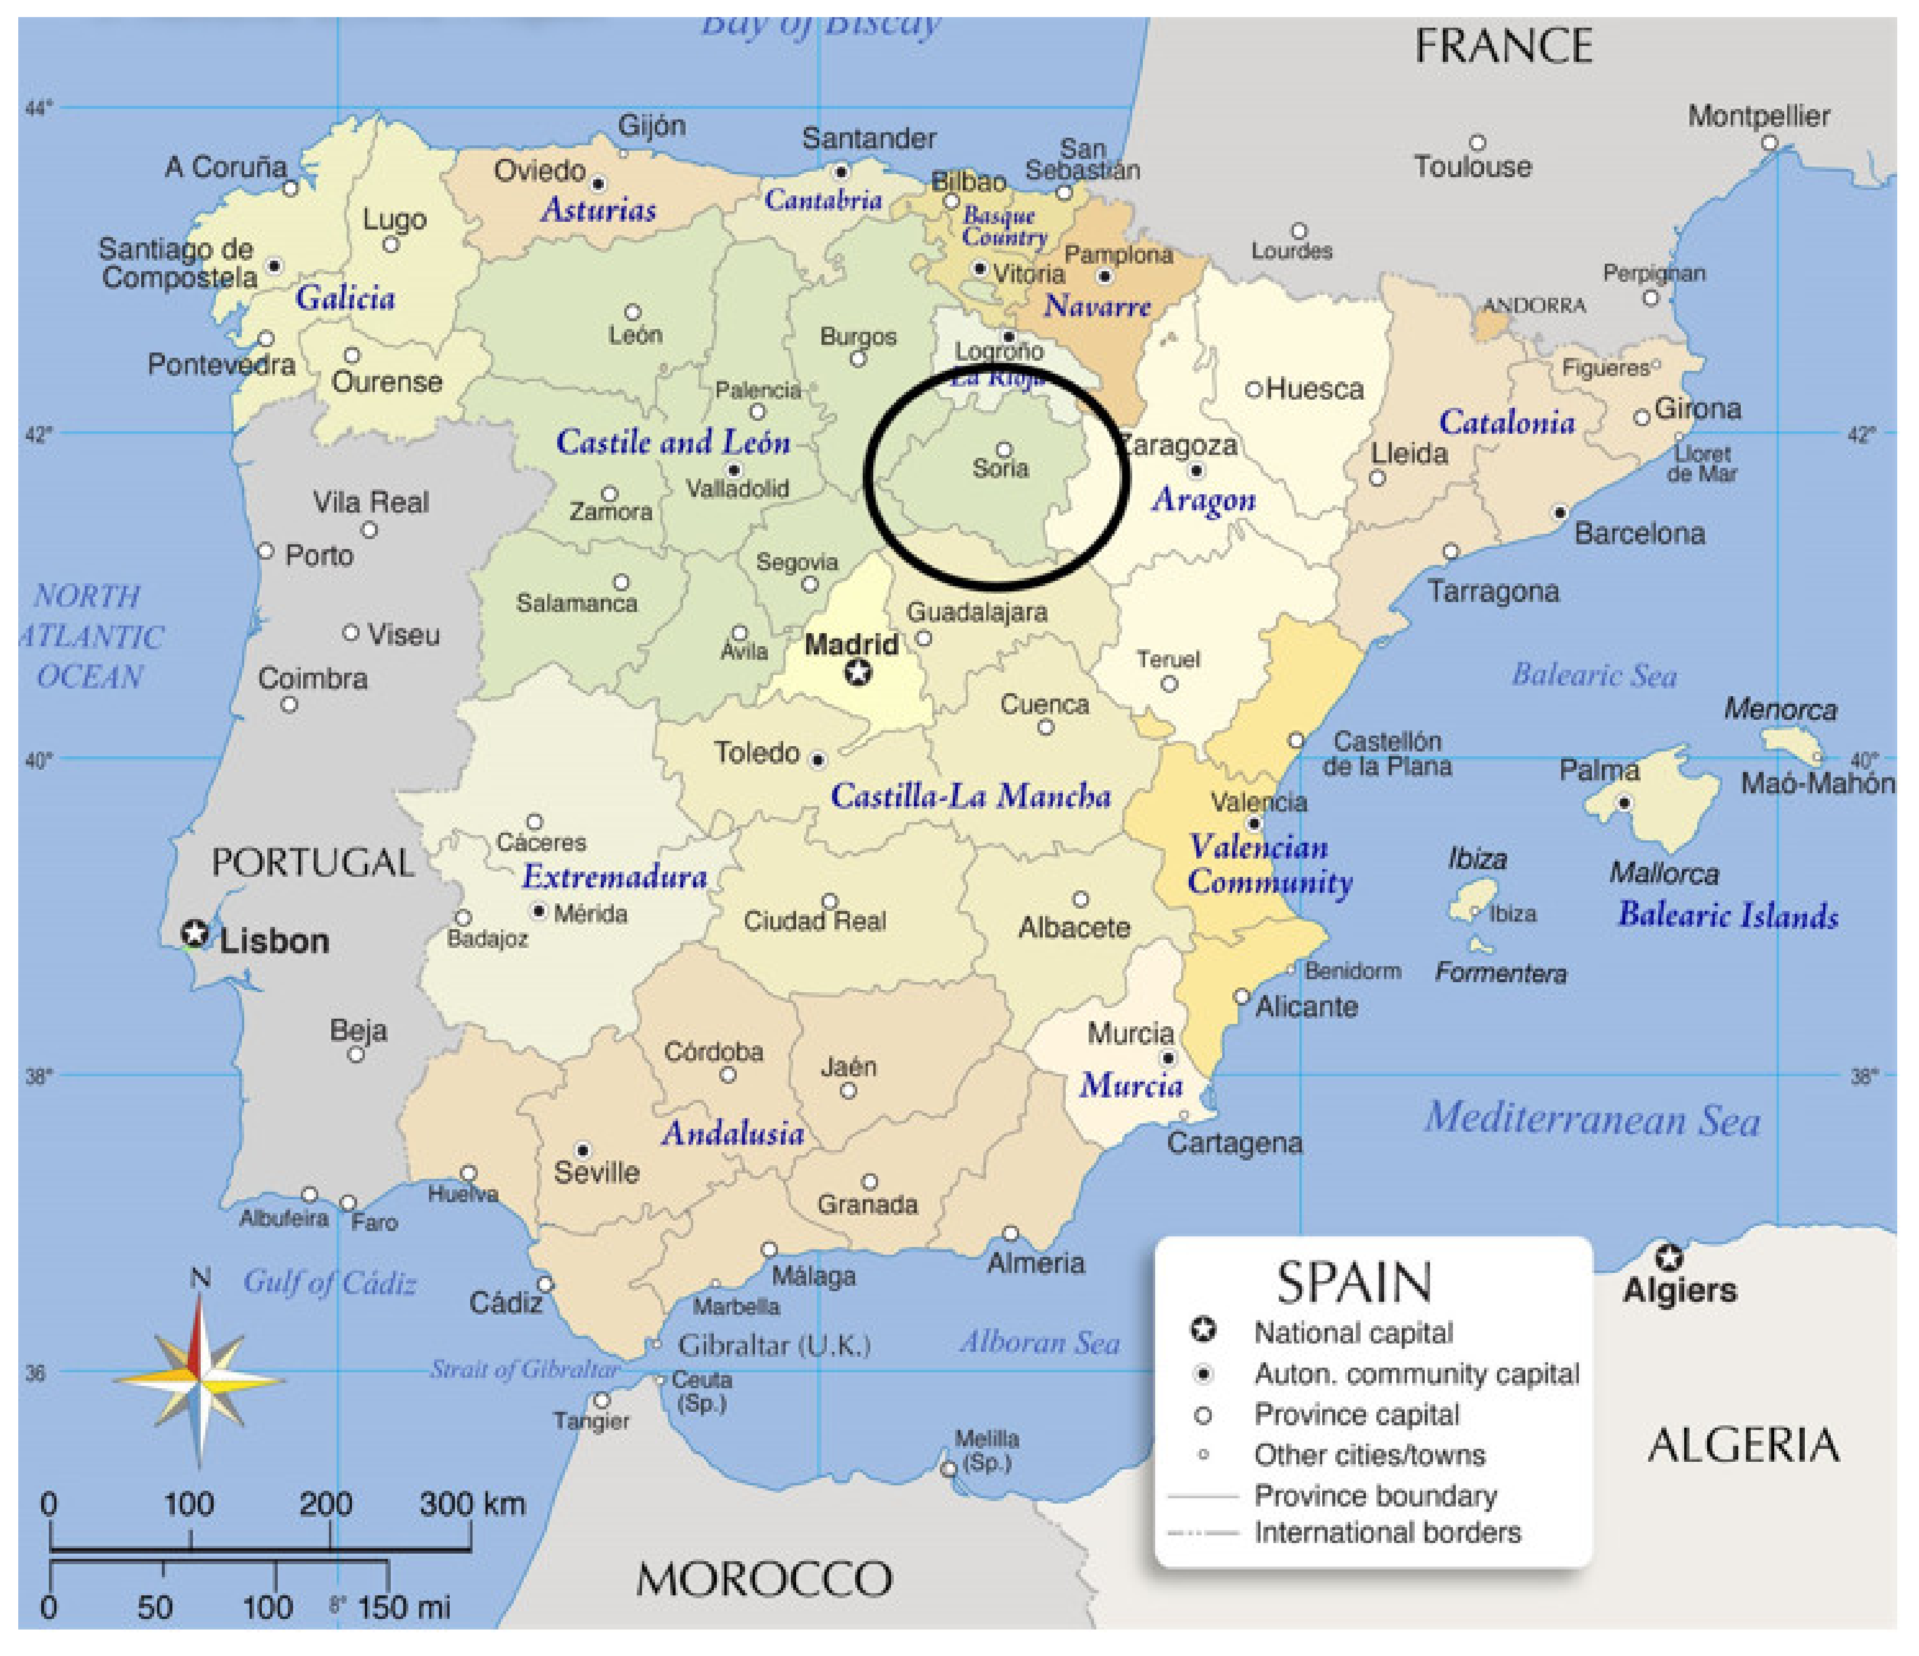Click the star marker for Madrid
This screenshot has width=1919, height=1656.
[x=859, y=673]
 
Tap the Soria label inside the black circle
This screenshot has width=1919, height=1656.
[x=1000, y=468]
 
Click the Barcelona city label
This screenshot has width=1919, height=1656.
[x=1639, y=534]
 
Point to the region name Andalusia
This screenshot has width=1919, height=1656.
[x=733, y=1133]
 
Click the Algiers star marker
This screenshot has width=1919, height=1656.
[x=1669, y=1258]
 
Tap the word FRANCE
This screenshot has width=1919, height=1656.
[x=1504, y=46]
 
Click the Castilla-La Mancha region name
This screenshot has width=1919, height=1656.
[x=970, y=796]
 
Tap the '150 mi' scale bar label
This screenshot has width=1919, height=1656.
[x=404, y=1607]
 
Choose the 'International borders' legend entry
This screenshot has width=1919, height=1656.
[x=1386, y=1533]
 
